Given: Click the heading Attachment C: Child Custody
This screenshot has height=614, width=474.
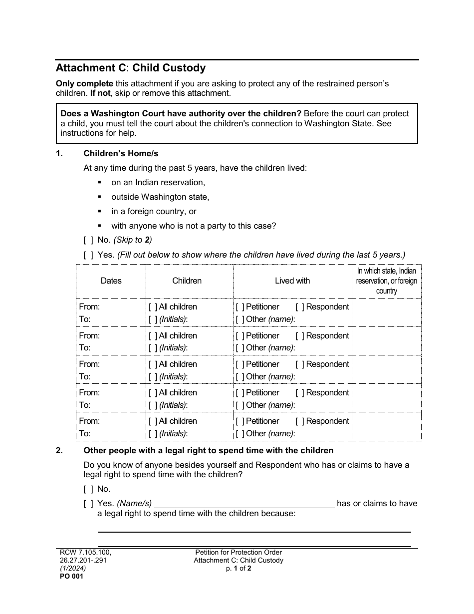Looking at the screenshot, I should click(130, 68).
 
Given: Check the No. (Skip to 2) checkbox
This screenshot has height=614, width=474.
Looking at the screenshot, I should click(88, 240).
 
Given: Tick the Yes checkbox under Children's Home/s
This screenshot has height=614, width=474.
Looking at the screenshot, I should click(88, 255).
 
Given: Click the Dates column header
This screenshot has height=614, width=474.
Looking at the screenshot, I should click(111, 281).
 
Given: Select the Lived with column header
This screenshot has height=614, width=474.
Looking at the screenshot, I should click(292, 281).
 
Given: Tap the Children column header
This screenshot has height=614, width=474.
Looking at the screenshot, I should click(187, 281).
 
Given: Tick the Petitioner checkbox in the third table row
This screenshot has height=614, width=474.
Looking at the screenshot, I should click(240, 364).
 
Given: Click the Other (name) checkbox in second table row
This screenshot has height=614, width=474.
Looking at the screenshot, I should click(240, 348).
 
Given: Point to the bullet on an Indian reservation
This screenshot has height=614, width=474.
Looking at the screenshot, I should click(158, 183).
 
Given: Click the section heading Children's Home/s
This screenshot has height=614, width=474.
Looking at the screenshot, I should click(121, 154).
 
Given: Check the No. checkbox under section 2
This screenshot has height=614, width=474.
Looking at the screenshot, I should click(88, 489).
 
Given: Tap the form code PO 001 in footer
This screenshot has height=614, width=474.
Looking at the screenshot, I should click(69, 576).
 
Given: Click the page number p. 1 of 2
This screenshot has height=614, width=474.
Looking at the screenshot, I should click(238, 568).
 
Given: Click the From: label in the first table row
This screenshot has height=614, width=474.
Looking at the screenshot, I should click(89, 307).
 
